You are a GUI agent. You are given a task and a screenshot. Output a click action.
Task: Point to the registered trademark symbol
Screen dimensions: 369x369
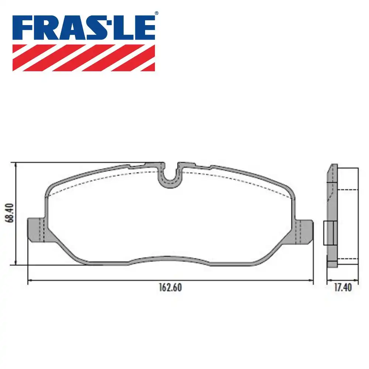156,13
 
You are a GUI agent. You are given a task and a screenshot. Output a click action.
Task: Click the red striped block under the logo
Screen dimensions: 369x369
83,58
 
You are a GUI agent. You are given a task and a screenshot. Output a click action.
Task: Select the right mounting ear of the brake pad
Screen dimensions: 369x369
305,231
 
